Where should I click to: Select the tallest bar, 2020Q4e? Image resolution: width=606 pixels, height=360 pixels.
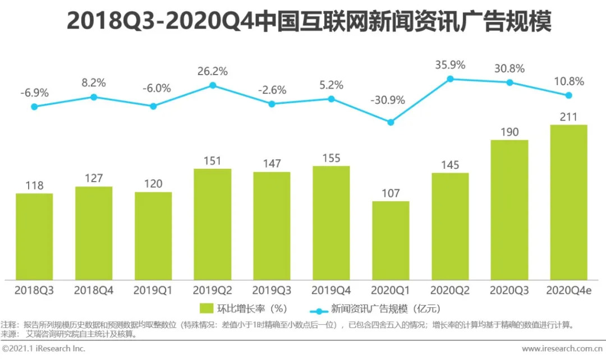pos(568,202)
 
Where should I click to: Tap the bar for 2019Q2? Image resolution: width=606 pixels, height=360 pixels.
pos(212,224)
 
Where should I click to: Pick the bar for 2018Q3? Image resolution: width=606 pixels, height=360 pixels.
pos(34,236)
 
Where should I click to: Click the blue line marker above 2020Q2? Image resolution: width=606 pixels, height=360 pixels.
pos(450,79)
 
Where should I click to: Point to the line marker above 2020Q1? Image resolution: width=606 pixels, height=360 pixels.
pos(391,122)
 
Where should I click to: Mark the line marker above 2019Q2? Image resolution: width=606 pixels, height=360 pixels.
pos(213,85)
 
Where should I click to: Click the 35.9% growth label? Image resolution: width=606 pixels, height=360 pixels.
pos(450,64)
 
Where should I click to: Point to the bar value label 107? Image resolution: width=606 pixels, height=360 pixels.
pos(391,193)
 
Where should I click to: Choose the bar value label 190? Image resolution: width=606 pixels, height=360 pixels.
pos(509,132)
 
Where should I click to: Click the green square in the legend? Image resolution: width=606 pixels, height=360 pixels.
pos(206,308)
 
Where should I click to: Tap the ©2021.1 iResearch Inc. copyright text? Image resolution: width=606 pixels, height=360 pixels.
pos(44,349)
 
